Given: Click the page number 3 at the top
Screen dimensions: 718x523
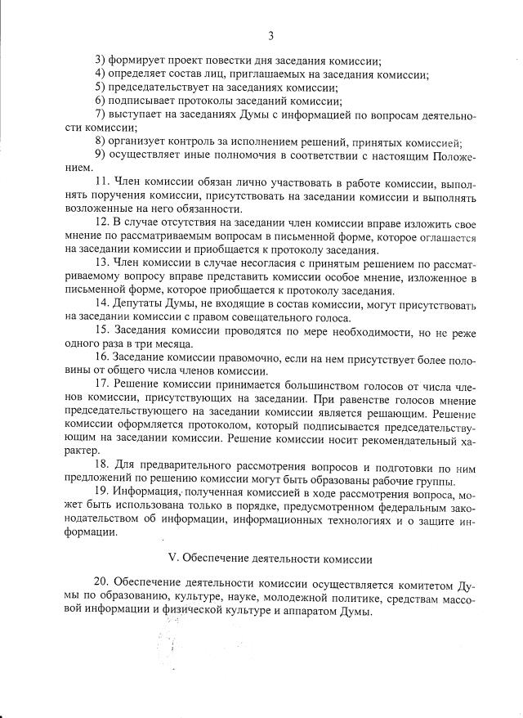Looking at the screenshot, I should [x=270, y=35].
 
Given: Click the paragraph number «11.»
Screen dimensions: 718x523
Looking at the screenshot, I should [x=103, y=182].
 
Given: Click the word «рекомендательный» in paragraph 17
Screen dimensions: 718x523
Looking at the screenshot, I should [x=406, y=438].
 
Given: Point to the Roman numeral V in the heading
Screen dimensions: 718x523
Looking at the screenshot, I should [x=172, y=559].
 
